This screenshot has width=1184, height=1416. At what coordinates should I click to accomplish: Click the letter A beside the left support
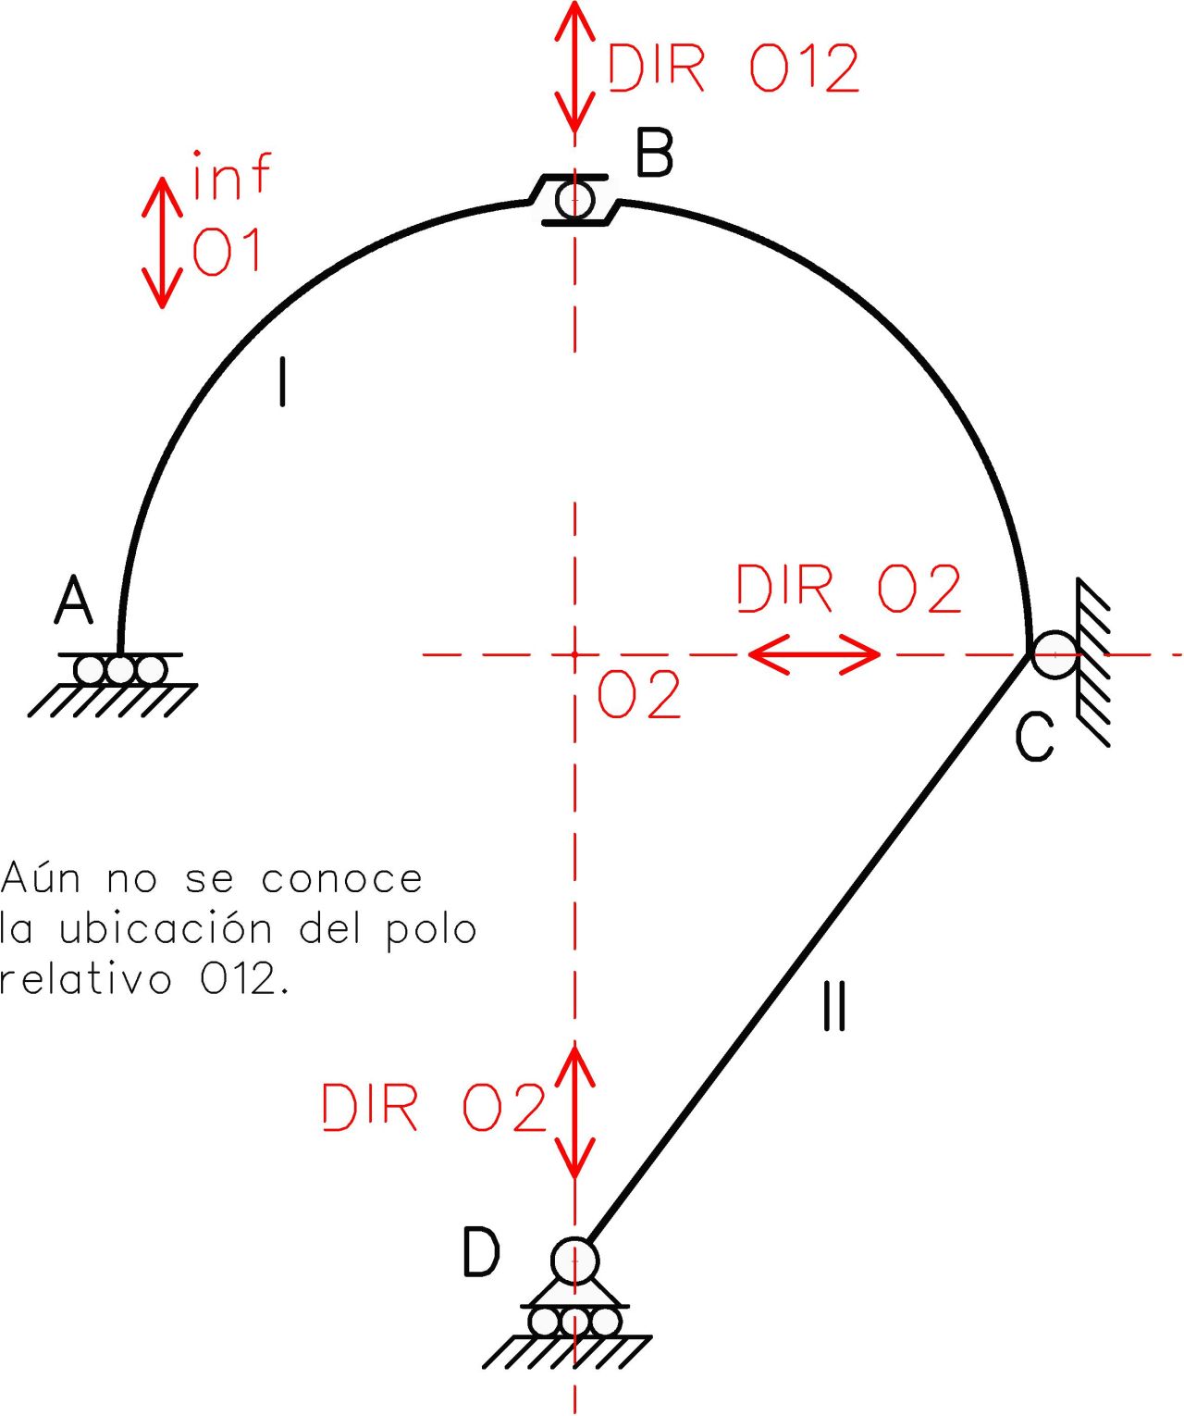point(74,601)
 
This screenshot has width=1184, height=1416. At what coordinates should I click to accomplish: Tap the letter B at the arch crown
point(655,153)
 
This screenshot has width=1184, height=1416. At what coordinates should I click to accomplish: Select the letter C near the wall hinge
point(1034,737)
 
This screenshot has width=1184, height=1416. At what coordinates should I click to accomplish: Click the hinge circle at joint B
point(574,199)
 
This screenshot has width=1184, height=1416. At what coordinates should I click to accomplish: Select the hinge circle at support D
point(574,1261)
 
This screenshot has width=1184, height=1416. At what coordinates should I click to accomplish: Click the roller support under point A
point(120,669)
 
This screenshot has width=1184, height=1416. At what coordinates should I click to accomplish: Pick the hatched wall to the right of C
point(1093,662)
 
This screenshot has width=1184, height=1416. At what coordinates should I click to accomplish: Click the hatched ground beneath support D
point(566,1352)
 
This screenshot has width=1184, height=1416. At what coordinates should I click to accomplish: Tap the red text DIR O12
point(733,68)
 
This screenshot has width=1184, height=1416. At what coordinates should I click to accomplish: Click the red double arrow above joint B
point(574,67)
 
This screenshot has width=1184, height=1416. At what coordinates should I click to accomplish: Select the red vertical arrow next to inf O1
point(162,242)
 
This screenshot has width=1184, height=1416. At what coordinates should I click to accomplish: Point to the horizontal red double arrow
point(813,654)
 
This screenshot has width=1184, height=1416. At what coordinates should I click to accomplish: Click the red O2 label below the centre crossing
point(638,696)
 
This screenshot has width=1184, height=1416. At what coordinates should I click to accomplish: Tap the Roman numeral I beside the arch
point(282,383)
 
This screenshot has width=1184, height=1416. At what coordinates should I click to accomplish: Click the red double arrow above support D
point(574,1111)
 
